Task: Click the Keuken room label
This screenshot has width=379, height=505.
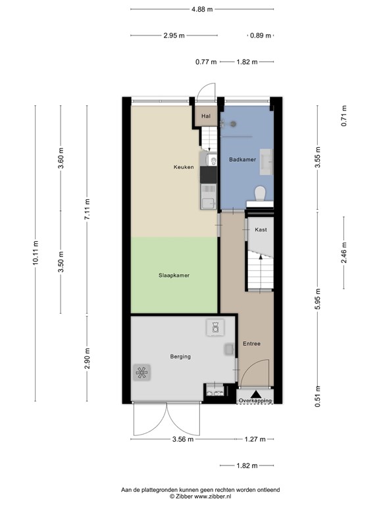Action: (184, 168)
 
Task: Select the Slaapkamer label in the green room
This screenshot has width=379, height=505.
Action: (174, 276)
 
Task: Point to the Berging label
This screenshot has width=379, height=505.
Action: (180, 356)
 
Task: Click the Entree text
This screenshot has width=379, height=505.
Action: (251, 343)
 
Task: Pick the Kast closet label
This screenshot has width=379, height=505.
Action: (261, 230)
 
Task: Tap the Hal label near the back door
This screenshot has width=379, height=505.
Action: (206, 116)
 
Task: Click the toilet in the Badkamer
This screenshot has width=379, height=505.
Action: (260, 193)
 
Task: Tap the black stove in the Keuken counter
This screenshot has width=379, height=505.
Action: (209, 174)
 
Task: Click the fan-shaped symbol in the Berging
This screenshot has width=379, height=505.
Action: (142, 373)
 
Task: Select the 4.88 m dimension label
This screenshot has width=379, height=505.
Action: (202, 9)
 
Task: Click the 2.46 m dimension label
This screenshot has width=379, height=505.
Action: (343, 253)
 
